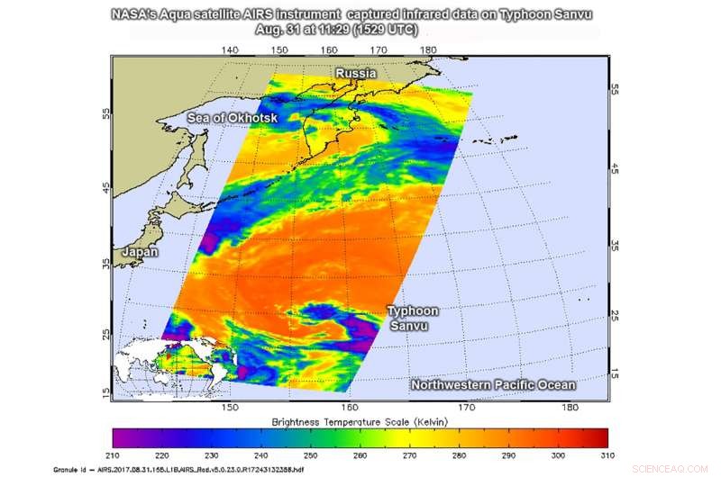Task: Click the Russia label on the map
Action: point(355,73)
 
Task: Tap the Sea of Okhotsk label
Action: point(233,118)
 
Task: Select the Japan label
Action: point(141,252)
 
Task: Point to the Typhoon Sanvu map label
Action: point(413,318)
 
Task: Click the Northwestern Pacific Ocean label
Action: point(493,385)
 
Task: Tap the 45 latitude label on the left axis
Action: point(106,187)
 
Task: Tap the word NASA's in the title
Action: point(136,15)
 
